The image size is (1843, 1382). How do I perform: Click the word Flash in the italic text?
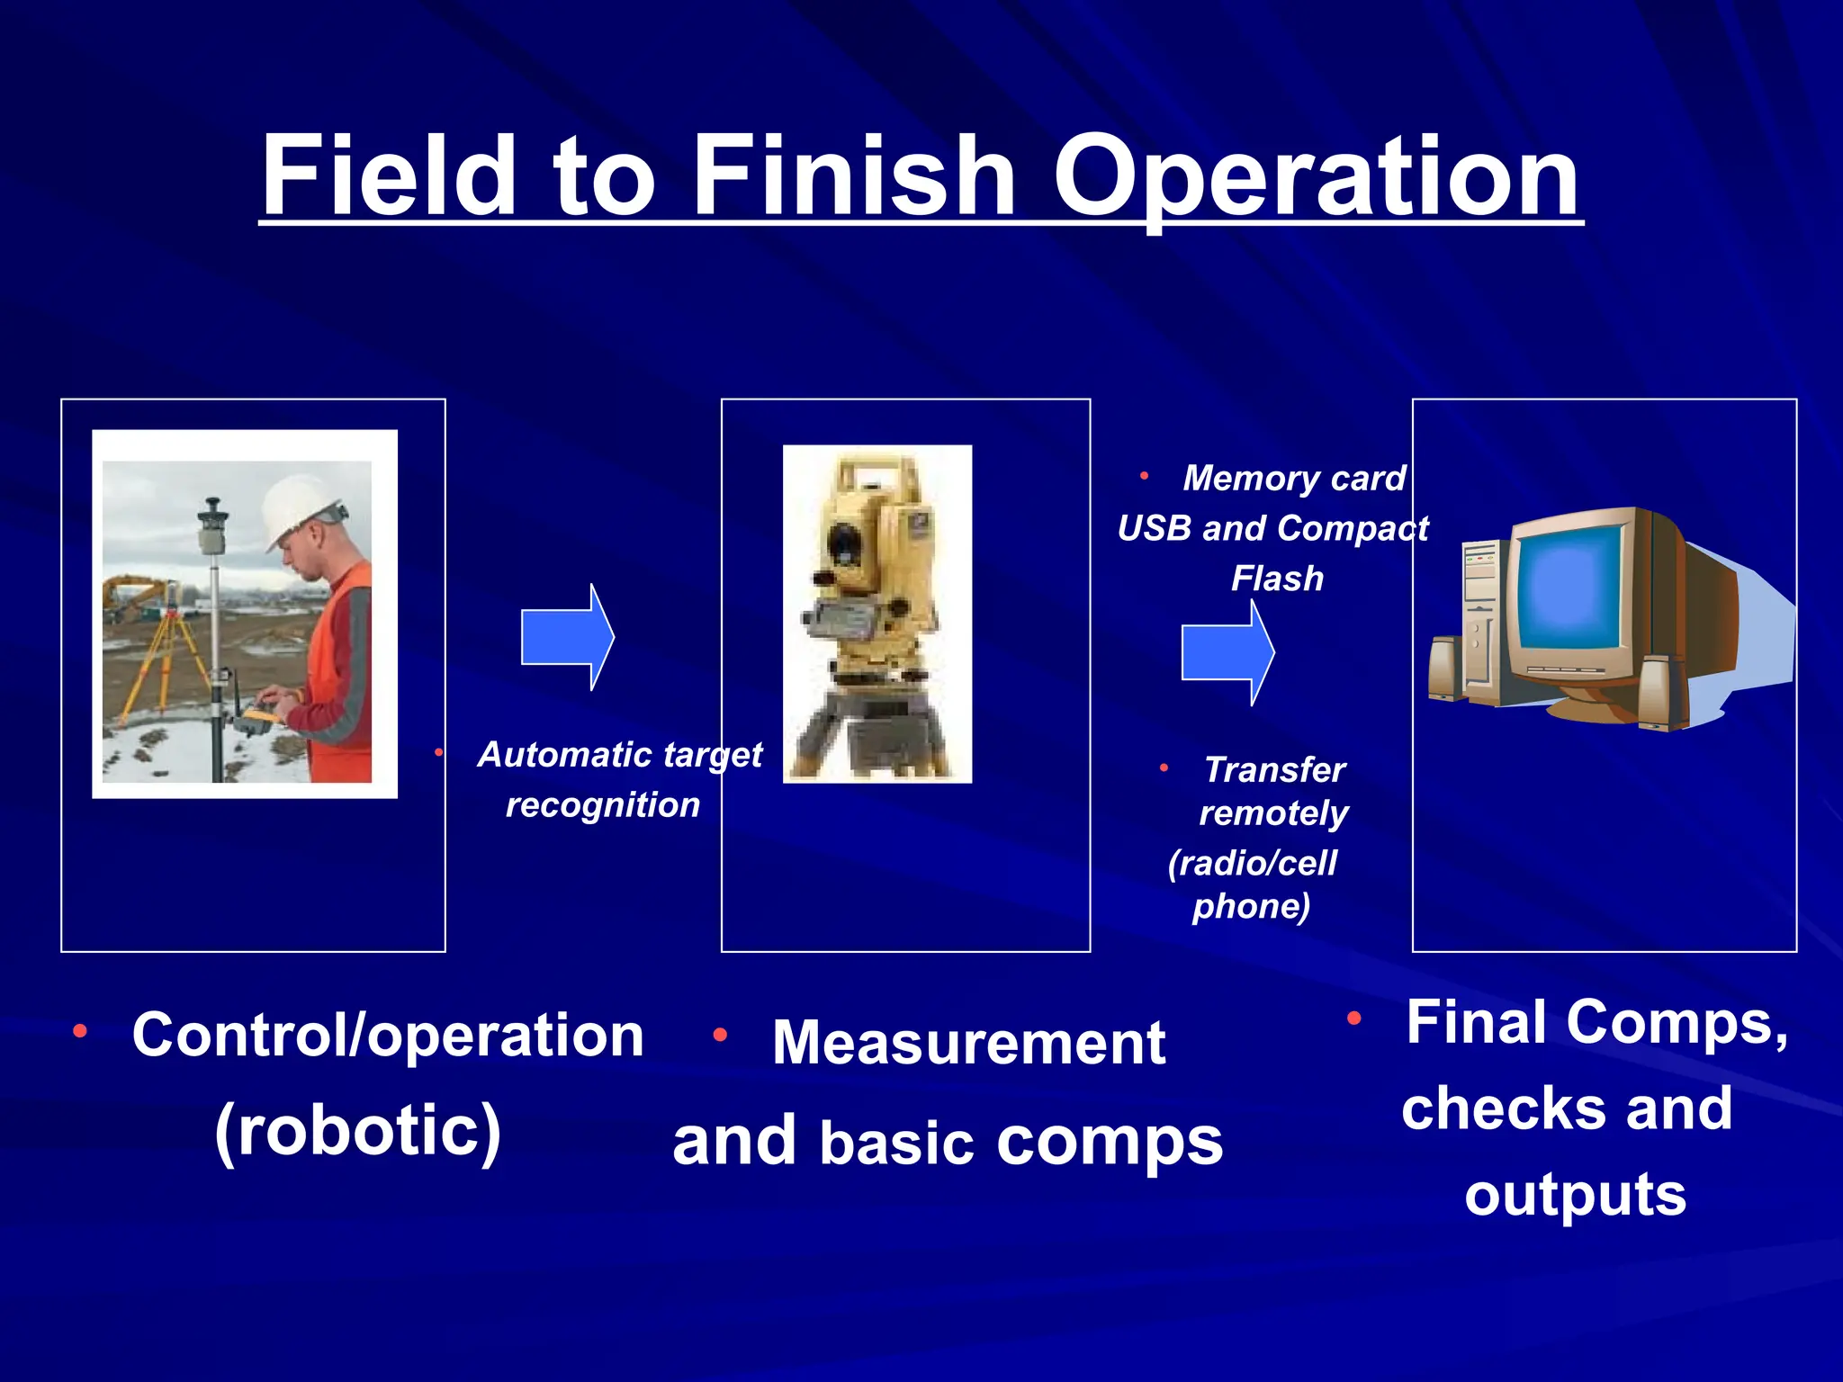[1277, 579]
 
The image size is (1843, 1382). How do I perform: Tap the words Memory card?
[1294, 479]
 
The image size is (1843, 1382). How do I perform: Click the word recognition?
[602, 805]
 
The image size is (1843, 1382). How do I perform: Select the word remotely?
[1273, 813]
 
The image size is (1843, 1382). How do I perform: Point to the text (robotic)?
[358, 1130]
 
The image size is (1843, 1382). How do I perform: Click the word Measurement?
[968, 1044]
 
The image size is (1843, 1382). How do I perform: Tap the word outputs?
[1575, 1195]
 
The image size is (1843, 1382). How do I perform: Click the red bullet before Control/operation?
[80, 1031]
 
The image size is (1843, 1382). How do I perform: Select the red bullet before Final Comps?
[1354, 1019]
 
